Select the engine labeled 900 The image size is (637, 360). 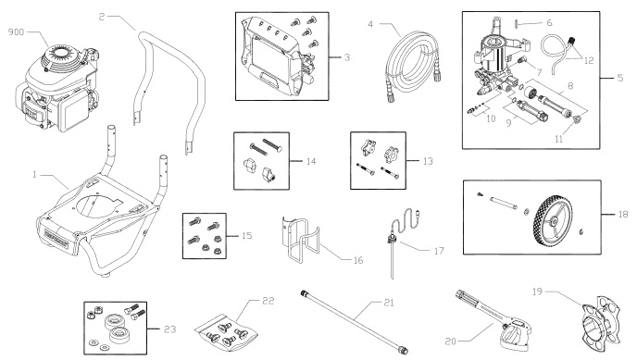coord(55,88)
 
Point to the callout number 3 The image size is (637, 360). coord(344,57)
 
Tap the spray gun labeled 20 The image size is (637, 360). coord(505,310)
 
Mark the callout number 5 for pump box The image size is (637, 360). coord(619,77)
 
